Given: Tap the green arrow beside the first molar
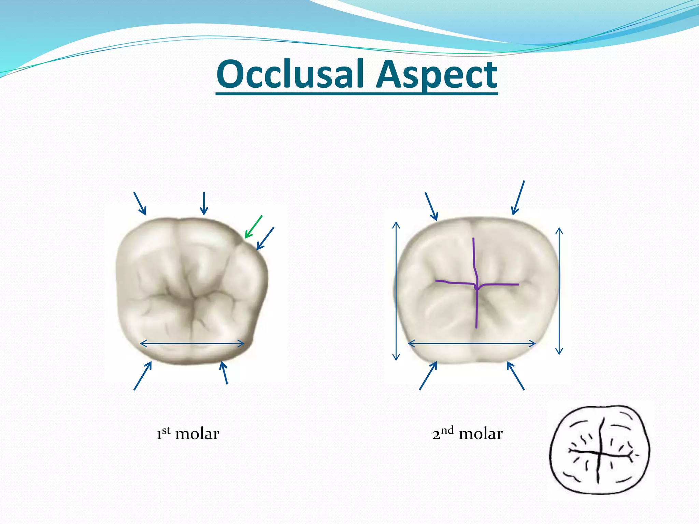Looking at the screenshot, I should [x=253, y=227].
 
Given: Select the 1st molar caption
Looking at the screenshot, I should [x=187, y=434].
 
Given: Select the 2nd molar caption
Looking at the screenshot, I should [x=467, y=434].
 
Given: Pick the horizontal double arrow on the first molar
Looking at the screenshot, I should [x=192, y=344].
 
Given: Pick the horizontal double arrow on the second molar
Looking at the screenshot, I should [x=472, y=344].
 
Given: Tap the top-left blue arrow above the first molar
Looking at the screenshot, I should [x=140, y=204].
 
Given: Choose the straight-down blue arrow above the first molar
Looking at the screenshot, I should [x=204, y=204].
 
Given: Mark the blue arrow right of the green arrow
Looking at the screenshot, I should [x=265, y=238].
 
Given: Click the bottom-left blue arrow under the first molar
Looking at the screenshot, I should [x=143, y=376].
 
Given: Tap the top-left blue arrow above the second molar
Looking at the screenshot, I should [x=431, y=207].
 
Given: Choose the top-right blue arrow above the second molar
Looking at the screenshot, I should [x=518, y=198].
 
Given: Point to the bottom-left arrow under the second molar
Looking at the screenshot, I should [x=428, y=376].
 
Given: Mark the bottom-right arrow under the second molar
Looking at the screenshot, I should [x=515, y=376].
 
